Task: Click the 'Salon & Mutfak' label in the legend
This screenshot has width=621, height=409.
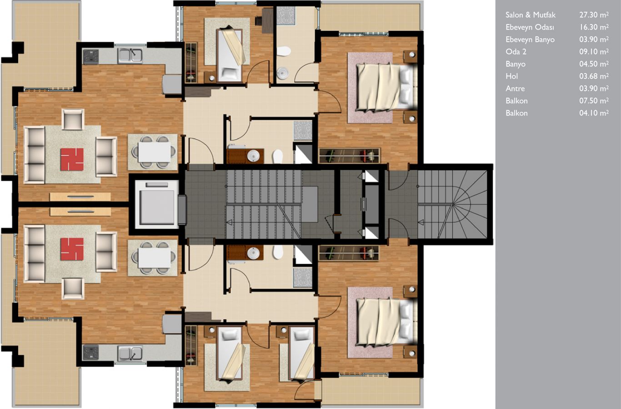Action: (531, 15)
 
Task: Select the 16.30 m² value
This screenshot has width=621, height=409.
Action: (594, 27)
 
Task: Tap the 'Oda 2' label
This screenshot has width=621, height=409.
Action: (516, 52)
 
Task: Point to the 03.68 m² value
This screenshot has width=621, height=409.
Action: (594, 76)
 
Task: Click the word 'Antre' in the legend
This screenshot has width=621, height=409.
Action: (515, 89)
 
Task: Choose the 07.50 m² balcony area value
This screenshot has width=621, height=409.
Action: (594, 101)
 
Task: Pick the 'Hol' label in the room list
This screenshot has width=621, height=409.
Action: (511, 76)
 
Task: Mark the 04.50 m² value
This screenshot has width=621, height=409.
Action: (594, 64)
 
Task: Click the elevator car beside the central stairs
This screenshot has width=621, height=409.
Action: (157, 204)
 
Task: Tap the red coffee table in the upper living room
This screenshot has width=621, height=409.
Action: (72, 160)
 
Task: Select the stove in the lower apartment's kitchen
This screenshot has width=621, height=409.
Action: (91, 353)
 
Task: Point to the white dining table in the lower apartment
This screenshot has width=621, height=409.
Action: (155, 258)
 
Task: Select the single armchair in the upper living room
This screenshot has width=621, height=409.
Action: (73, 120)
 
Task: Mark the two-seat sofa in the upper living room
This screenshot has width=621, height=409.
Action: (106, 157)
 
